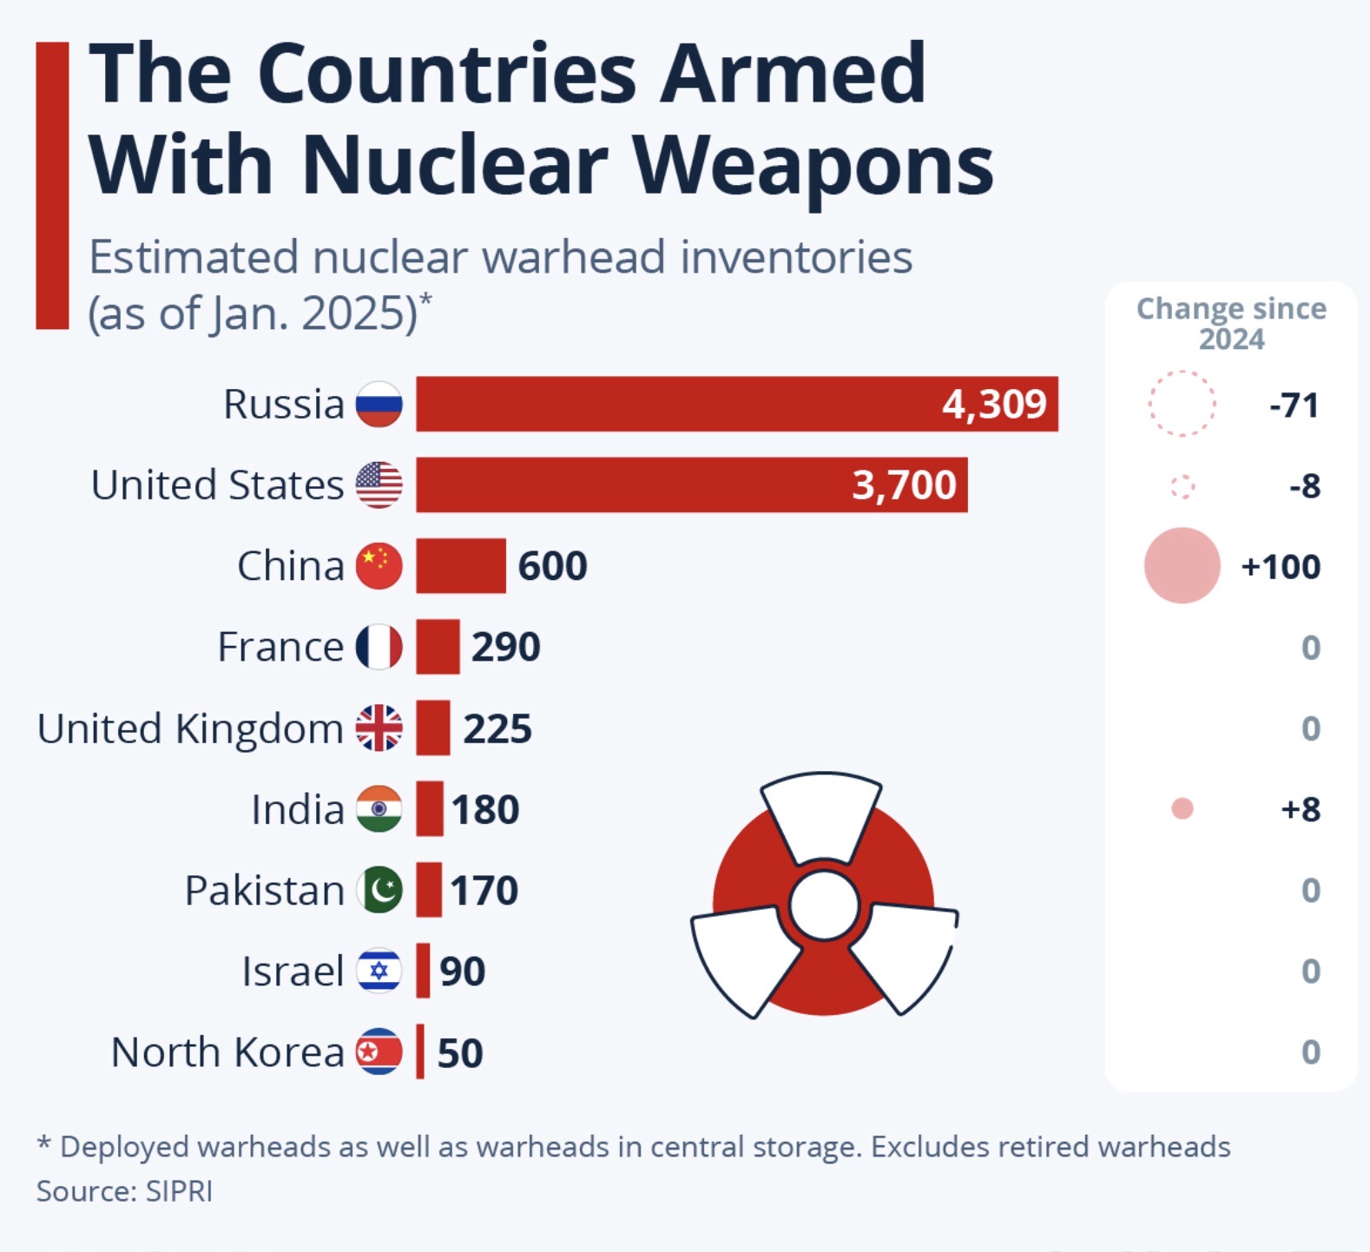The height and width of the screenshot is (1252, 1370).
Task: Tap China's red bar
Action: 460,565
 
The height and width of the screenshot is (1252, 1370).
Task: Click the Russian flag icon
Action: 379,404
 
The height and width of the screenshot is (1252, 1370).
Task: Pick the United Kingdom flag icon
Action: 379,728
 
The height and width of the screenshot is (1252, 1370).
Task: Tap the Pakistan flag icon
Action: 379,890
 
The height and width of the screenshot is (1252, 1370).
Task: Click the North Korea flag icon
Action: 379,1051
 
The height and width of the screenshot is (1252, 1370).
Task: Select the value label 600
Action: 552,566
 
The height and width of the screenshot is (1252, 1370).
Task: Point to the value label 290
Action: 505,647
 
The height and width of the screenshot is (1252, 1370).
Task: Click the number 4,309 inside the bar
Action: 994,405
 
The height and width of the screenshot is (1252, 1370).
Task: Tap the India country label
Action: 297,809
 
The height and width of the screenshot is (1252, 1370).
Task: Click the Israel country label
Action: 293,971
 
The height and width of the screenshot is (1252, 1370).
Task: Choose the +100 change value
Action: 1281,567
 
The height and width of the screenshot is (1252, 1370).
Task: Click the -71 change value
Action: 1294,405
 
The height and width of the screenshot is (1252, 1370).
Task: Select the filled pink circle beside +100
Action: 1182,565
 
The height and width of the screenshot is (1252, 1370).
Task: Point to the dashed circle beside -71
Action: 1182,404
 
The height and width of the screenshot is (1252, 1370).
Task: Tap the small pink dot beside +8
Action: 1182,809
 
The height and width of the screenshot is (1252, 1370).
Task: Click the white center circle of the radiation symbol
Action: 824,906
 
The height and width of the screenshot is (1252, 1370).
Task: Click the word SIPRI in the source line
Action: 179,1191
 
